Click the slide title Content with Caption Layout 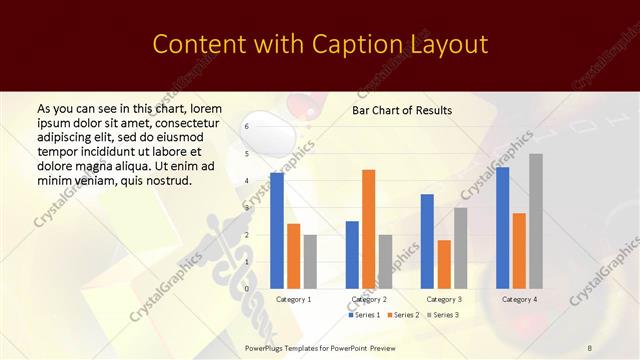(x=319, y=45)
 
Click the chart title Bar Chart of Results (x=401, y=110)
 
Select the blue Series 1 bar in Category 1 (x=277, y=230)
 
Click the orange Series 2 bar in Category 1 (x=293, y=256)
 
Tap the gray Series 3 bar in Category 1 (x=310, y=261)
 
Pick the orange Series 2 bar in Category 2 (x=368, y=229)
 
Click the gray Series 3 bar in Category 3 (x=460, y=247)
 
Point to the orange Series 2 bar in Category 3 (x=444, y=264)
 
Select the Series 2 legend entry (x=402, y=315)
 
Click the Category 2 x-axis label (x=369, y=299)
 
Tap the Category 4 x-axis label (x=519, y=299)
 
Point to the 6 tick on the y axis (x=246, y=127)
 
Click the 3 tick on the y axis (x=246, y=208)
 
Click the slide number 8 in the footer (x=589, y=346)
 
